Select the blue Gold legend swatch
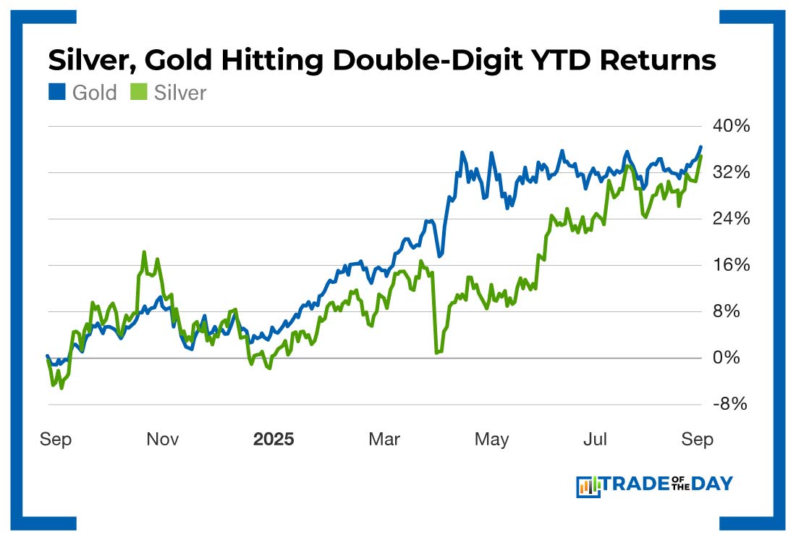pos(57,93)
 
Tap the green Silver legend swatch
pos(140,93)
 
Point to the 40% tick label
pos(729,127)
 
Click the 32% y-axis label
pos(729,172)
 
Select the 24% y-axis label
pos(729,219)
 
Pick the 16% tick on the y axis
pos(729,265)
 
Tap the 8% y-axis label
pos(732,311)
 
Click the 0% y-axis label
pos(732,358)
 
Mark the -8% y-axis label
pos(729,404)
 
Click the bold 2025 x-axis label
pos(274,440)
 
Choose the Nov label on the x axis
pos(163,440)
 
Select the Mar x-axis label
pos(384,440)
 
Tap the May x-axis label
pos(492,440)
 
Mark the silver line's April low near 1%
pos(438,352)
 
